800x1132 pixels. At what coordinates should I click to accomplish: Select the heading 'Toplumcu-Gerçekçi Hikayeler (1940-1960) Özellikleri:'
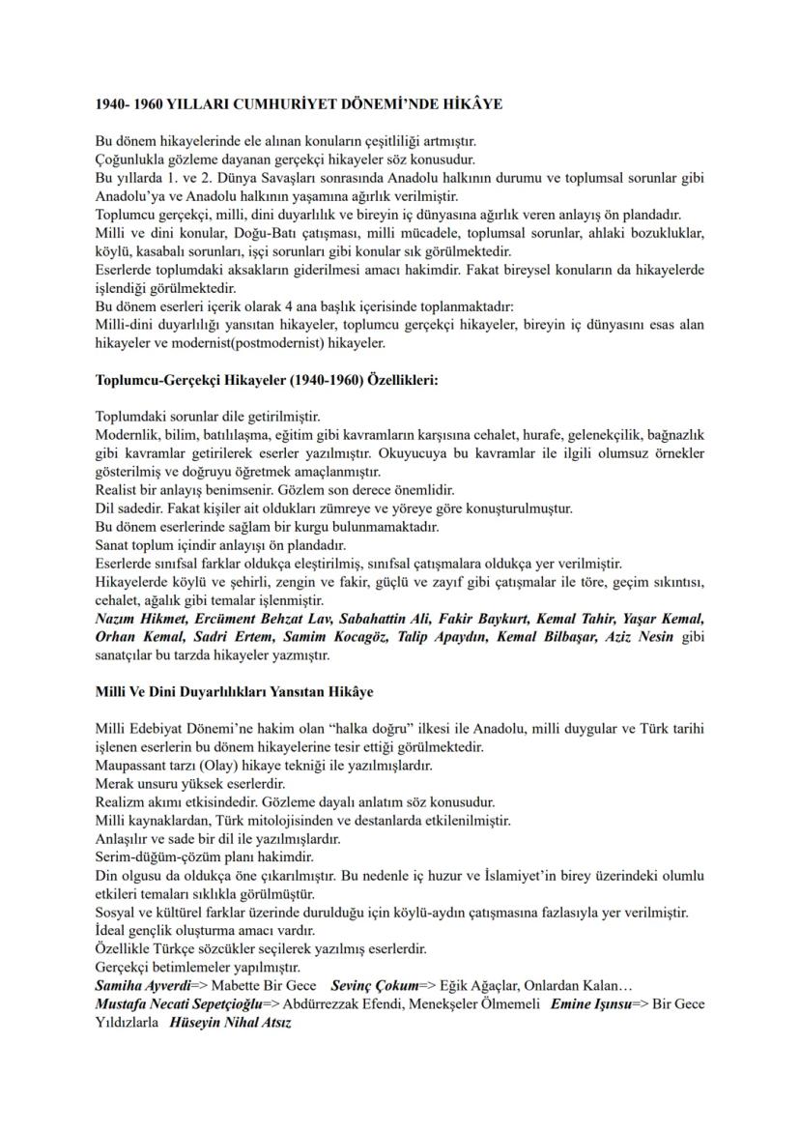pos(267,380)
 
